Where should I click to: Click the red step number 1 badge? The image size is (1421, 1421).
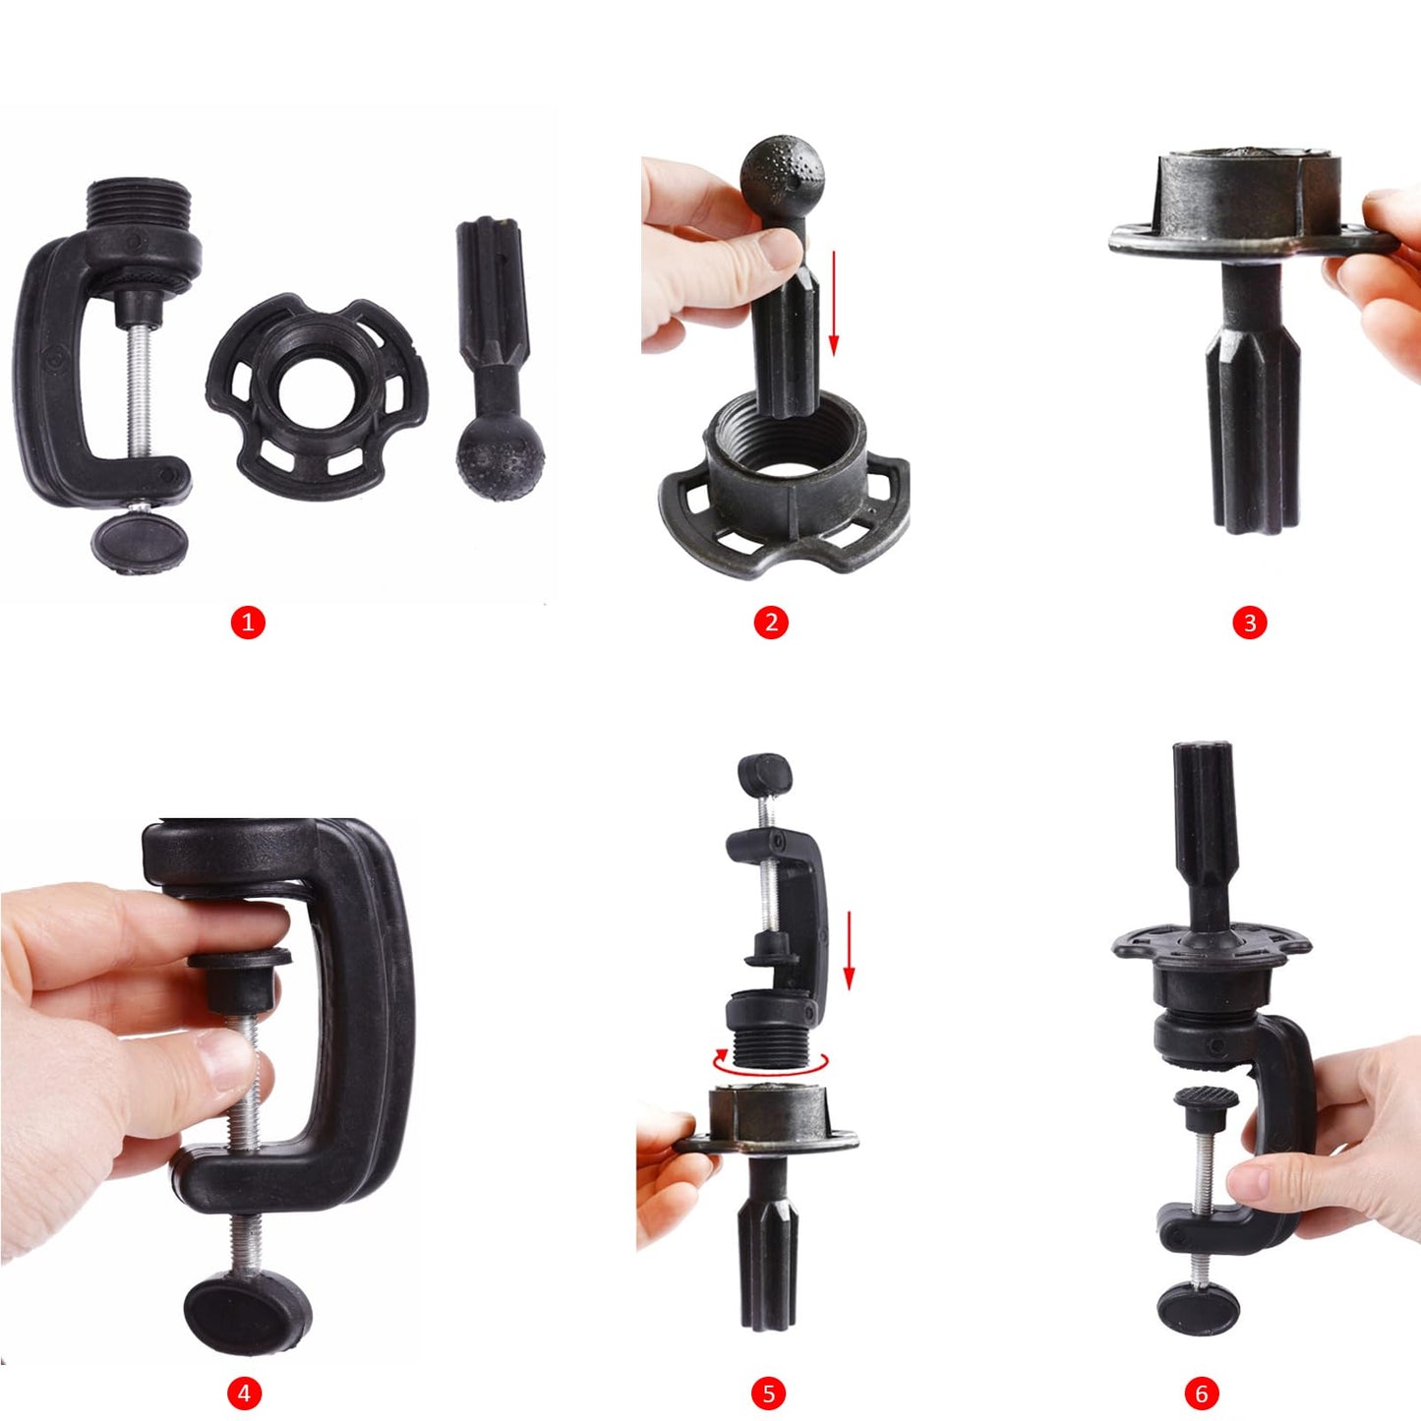(248, 622)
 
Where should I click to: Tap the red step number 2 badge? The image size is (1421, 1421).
(771, 622)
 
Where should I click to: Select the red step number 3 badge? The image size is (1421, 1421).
(1250, 622)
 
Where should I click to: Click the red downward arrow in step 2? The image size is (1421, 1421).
(834, 302)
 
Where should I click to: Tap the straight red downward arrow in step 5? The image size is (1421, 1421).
(850, 951)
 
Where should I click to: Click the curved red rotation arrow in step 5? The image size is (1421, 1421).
(770, 1064)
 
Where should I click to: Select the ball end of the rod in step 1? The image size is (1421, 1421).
(501, 457)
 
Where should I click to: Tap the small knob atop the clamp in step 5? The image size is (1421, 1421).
(765, 774)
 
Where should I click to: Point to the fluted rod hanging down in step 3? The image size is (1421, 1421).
(1253, 413)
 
